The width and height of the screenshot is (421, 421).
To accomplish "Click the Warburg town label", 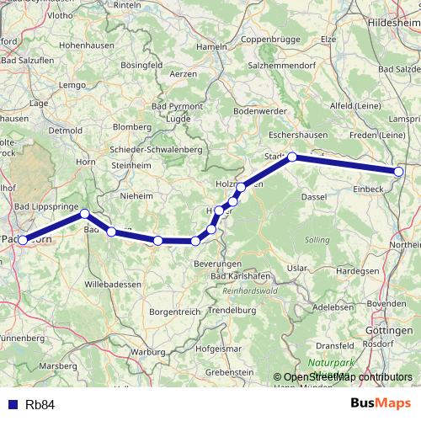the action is [148, 351].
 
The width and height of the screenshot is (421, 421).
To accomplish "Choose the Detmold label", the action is [65, 131].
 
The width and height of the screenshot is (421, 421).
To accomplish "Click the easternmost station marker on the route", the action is [398, 173].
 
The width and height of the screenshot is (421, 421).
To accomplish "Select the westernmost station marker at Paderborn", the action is [23, 241].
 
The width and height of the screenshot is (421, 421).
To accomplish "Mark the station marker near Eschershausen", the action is [292, 157].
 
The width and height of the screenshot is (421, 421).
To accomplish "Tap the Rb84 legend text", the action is [40, 404].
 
